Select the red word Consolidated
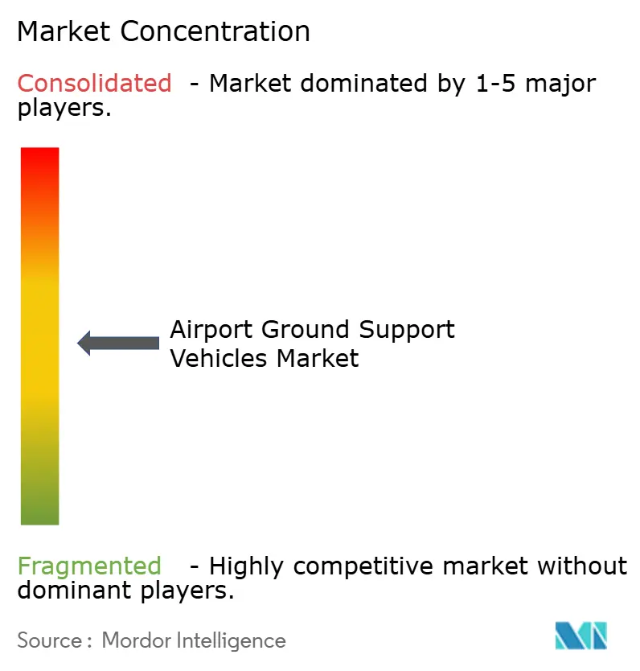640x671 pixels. [95, 83]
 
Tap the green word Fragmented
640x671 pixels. [89, 566]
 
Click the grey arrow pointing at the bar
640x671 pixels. [118, 343]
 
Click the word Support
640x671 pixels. [410, 330]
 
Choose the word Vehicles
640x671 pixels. [219, 357]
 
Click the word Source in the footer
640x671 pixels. [49, 640]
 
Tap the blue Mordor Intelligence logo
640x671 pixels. [581, 636]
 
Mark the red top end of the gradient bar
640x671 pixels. [39, 158]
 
